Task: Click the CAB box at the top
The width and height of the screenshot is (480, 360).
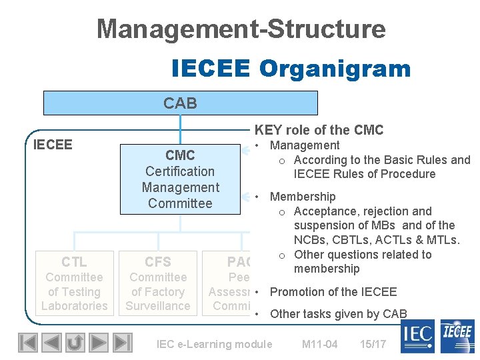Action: pos(180,103)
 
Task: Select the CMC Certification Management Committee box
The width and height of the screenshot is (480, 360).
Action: pos(180,179)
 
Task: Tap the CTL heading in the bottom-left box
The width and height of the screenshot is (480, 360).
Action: pos(74,262)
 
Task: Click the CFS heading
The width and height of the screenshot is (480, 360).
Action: pos(158,262)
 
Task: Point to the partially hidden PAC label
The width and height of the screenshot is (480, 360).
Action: pos(239,262)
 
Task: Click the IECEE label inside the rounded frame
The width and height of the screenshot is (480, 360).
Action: pos(53,145)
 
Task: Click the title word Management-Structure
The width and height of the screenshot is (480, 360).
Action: pos(241,29)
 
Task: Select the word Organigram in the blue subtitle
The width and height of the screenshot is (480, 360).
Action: pos(335,68)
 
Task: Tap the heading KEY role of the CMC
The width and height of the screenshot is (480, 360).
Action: pos(319,130)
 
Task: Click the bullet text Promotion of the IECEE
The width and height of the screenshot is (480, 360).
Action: pos(333,291)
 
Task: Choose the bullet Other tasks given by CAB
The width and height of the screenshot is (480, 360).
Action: pos(338,314)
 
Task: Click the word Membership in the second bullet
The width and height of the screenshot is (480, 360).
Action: pos(302,197)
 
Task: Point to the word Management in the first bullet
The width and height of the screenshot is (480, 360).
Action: pos(304,145)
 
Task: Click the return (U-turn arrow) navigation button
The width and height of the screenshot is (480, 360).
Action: pos(75,343)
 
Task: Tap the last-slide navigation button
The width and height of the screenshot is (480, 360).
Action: pos(122,343)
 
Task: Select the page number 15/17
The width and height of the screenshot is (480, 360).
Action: pos(373,344)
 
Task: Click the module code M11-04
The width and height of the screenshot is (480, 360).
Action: pos(319,344)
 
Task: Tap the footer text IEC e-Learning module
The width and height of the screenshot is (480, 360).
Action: pos(214,344)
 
